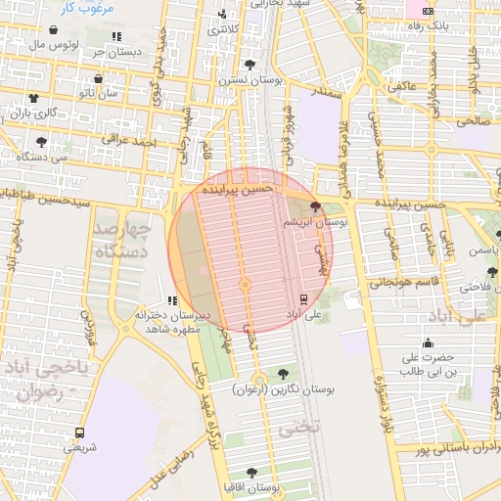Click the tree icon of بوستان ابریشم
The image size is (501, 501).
click(314, 206)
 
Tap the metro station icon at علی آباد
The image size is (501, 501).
click(302, 298)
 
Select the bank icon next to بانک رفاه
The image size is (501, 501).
click(427, 10)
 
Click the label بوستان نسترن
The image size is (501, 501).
click(251, 79)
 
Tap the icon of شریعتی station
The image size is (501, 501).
click(80, 432)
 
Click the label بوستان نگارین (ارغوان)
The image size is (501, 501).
click(284, 388)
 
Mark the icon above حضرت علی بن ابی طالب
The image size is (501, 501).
click(428, 342)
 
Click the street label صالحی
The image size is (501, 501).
click(471, 120)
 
